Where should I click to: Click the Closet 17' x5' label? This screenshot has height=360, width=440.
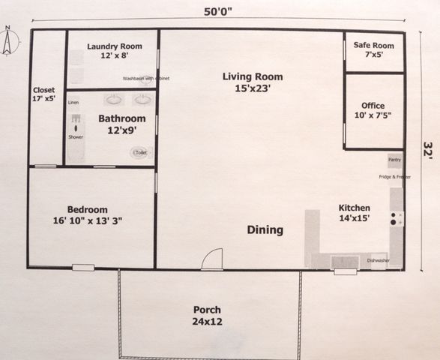point(45,94)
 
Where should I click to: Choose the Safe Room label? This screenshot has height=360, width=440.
point(374,49)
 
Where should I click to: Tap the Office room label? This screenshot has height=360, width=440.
point(373,110)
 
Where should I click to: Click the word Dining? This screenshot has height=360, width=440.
point(265,230)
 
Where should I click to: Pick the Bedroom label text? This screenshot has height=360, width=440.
point(87,214)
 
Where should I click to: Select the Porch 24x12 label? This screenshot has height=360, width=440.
point(207,315)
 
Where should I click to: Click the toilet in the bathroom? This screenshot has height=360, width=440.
point(139,152)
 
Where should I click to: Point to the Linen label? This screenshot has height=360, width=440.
point(73,102)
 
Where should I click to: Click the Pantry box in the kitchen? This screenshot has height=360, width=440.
point(394,160)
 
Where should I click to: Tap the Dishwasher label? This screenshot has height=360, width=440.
point(378,261)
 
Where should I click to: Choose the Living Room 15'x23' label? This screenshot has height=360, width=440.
point(253,82)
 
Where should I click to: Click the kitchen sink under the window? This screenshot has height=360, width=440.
point(345,261)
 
